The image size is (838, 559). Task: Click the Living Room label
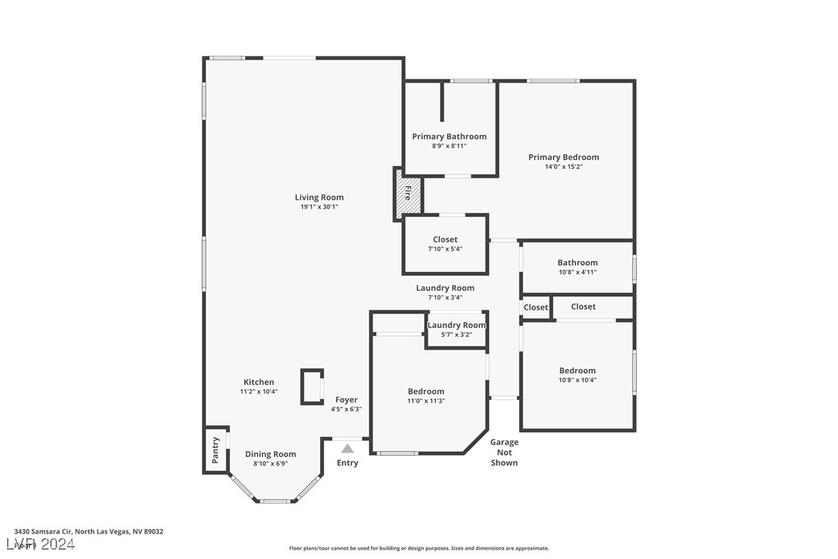[x=319, y=198]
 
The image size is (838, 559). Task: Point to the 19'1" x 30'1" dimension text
[x=319, y=207]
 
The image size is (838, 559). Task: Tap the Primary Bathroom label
[x=449, y=137]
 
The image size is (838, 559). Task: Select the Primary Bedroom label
[x=563, y=158]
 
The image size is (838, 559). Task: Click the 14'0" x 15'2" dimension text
[x=563, y=167]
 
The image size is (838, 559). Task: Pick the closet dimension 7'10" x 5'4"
[x=444, y=249]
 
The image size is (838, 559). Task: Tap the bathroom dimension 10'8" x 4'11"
[x=577, y=272]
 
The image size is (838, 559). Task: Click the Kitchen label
[x=258, y=382]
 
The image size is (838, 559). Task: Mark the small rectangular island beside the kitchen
[x=312, y=387]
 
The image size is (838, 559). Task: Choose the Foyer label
[x=346, y=400]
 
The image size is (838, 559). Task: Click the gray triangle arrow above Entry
[x=347, y=448]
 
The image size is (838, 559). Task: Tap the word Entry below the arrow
[x=347, y=463]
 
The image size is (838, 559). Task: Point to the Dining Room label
[x=270, y=454]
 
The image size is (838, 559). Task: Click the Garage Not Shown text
[x=504, y=452]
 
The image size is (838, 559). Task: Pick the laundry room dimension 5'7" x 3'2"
[x=456, y=334]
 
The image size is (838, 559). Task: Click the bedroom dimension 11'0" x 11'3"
[x=426, y=401]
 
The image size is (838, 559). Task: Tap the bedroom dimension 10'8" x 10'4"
[x=577, y=380]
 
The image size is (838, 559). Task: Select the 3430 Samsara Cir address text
[x=89, y=531]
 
